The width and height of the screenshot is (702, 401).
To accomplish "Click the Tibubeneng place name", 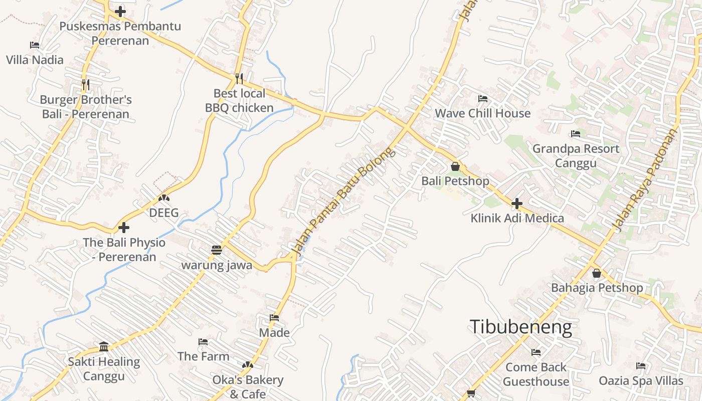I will [520, 327].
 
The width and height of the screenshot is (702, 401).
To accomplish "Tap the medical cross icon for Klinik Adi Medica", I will [517, 204].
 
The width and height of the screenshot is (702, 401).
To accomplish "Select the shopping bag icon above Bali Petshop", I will [455, 166].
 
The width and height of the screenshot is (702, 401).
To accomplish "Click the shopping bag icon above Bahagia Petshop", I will [597, 273].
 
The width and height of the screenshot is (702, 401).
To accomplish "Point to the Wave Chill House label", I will [482, 113].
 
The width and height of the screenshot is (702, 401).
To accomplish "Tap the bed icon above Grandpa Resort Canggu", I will [576, 134].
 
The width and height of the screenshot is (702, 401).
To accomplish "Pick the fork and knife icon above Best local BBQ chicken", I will [239, 78].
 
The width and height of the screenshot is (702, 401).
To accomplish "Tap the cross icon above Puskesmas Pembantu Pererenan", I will [120, 11].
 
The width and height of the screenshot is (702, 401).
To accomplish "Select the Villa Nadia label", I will [35, 60].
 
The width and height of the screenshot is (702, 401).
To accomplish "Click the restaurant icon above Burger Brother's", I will [86, 84].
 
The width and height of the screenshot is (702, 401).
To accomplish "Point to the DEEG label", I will [164, 213].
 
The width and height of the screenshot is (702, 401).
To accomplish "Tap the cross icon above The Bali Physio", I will [124, 228].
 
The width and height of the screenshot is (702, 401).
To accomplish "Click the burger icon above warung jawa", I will [217, 250].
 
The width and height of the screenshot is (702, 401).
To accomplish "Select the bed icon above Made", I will [274, 318].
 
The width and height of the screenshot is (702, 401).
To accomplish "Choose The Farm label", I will [203, 356].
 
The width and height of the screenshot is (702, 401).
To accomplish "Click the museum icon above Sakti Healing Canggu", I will [104, 346].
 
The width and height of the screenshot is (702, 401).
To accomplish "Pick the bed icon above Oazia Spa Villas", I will [641, 366].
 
